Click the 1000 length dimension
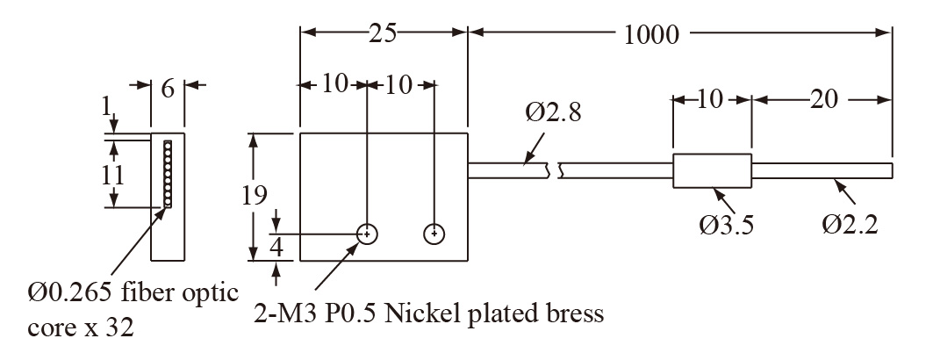[651, 35]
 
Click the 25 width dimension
[384, 32]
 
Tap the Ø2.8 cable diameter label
[553, 113]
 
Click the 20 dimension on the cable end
[822, 99]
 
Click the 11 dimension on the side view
[112, 173]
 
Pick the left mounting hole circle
[368, 234]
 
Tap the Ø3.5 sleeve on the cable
[712, 169]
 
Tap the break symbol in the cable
[555, 169]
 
